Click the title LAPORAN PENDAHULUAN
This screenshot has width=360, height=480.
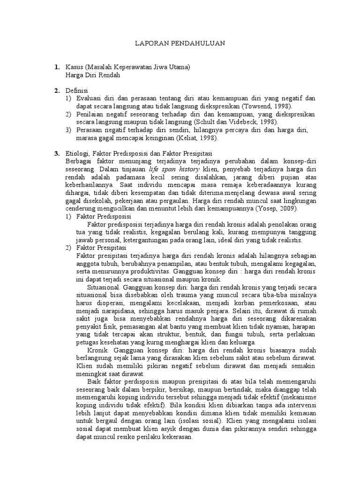point(180,43)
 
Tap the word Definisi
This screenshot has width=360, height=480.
point(77,90)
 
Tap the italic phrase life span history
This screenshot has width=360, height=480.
point(174,168)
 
